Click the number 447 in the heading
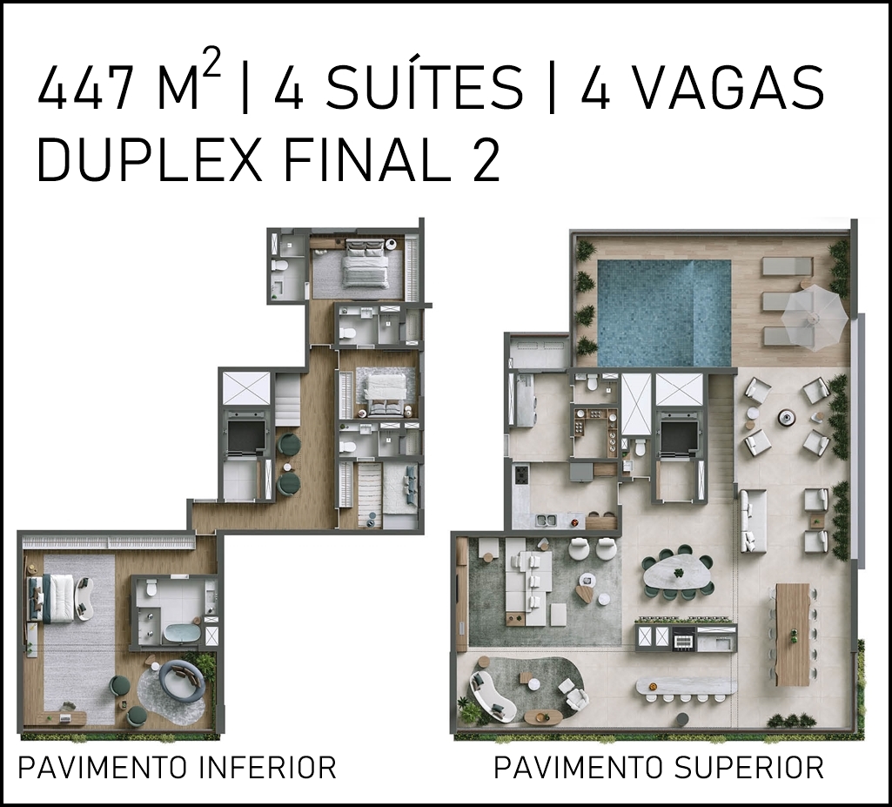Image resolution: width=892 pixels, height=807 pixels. (84, 87)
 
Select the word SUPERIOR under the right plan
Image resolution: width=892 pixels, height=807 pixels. (748, 767)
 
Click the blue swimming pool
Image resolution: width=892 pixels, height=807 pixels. (664, 313)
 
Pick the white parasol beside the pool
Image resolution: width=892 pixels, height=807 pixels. (814, 313)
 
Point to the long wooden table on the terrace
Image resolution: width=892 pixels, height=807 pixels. (793, 634)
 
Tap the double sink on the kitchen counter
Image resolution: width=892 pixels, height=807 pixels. (548, 519)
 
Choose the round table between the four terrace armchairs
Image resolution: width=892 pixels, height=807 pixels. (788, 417)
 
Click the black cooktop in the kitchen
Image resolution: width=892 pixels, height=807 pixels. (520, 474)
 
